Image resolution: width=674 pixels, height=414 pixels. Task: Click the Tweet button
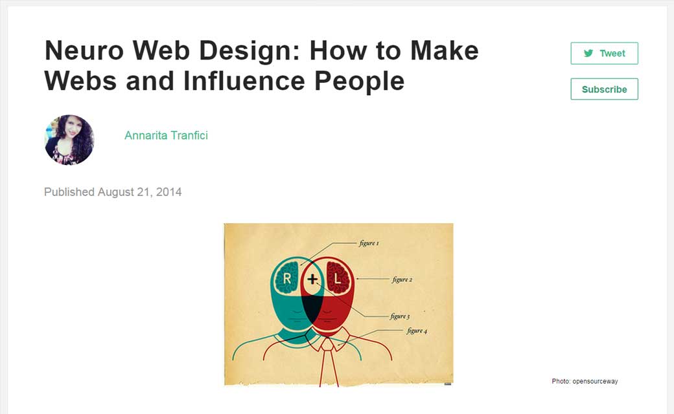[604, 54]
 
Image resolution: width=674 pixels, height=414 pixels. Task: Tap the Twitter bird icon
[588, 54]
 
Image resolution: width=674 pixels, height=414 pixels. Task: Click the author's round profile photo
[69, 140]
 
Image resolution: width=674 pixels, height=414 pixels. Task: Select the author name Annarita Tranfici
[166, 135]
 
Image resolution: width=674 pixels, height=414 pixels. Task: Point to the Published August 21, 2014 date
[113, 192]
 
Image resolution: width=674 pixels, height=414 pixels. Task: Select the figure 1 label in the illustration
[369, 244]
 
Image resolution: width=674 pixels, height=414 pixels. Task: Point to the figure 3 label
[399, 316]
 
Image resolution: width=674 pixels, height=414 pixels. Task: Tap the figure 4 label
[416, 331]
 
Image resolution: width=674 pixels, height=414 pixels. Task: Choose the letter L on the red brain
[338, 279]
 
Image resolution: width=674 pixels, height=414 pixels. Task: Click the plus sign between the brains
[312, 279]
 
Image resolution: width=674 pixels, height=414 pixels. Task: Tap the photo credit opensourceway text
[585, 382]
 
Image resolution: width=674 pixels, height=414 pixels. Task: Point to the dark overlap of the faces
[312, 309]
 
